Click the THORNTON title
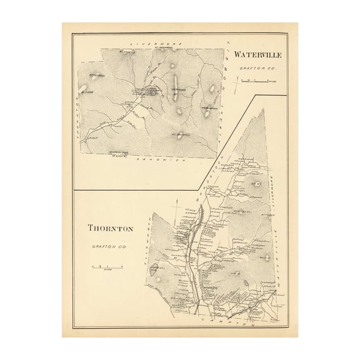click(110, 228)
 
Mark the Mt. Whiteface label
click(179, 132)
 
